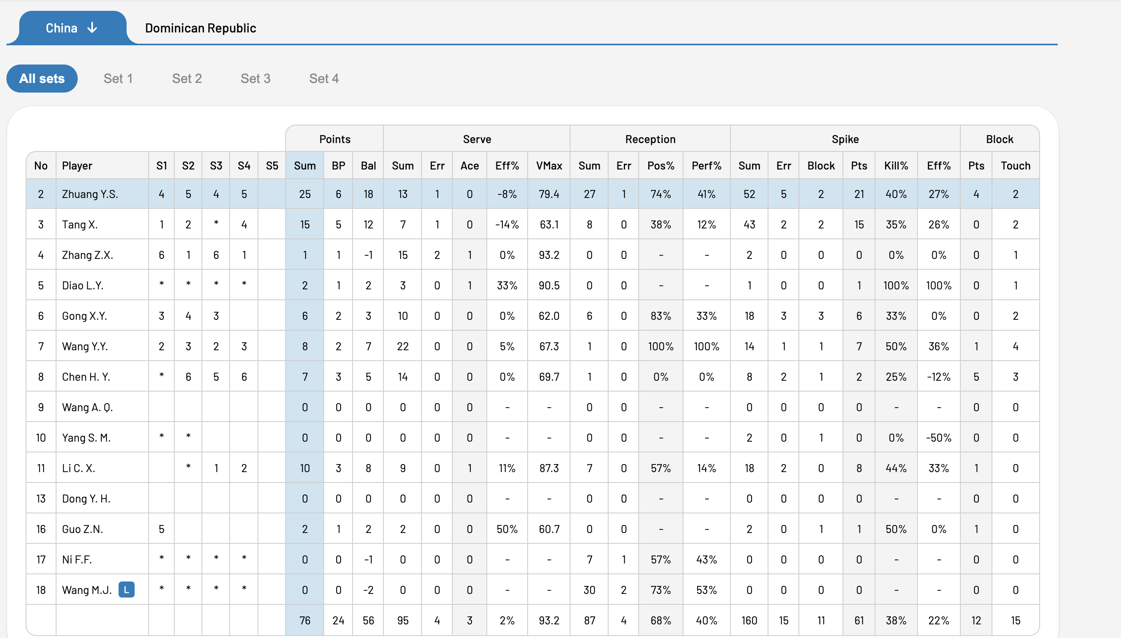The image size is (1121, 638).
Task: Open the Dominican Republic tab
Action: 201,28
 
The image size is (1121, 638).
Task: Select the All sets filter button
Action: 42,79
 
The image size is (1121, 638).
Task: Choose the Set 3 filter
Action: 255,79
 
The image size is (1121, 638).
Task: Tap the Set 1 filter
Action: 118,79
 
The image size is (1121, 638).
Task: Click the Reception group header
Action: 650,139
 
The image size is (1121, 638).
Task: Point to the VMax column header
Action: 549,166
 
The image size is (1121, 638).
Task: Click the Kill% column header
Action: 896,166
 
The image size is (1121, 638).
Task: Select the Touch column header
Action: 1015,166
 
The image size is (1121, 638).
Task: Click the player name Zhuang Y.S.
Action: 90,194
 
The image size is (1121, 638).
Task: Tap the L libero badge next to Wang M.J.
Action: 127,590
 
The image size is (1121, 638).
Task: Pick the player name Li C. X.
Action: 79,468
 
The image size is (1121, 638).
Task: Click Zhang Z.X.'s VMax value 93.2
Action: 549,254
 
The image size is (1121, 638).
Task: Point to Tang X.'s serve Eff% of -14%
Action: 507,224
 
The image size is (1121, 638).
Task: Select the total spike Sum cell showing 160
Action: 749,620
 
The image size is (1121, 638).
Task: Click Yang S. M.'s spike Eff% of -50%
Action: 938,437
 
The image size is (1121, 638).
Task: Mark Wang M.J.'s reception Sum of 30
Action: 589,590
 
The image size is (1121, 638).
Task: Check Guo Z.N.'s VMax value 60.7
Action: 549,529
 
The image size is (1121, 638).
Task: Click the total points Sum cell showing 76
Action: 304,620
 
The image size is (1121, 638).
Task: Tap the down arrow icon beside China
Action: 92,28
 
